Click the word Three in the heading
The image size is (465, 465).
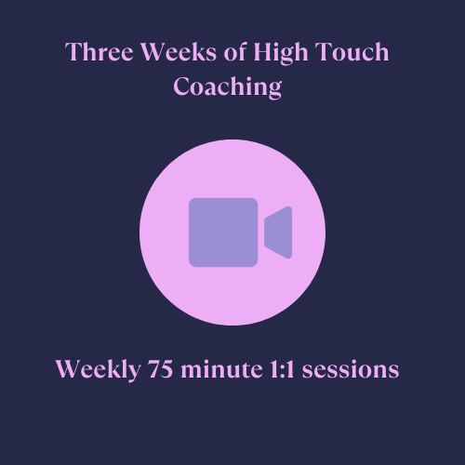point(100,51)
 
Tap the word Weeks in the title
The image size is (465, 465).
point(179,51)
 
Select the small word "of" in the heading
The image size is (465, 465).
point(235,51)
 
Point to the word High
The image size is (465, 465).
point(281,53)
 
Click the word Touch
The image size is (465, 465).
point(352,51)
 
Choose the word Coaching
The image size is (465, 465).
point(228,86)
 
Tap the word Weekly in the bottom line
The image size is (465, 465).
point(98,370)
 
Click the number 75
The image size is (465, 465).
point(160,369)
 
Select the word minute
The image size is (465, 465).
point(221,369)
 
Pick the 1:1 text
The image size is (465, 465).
point(282,369)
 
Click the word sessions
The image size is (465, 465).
point(351,369)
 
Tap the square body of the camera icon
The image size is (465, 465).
point(223,232)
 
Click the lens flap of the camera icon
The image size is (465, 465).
point(278,232)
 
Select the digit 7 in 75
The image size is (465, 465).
point(153,369)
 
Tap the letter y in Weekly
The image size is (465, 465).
point(133,373)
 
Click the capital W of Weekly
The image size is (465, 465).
point(70,369)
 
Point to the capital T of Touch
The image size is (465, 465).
point(323,51)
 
